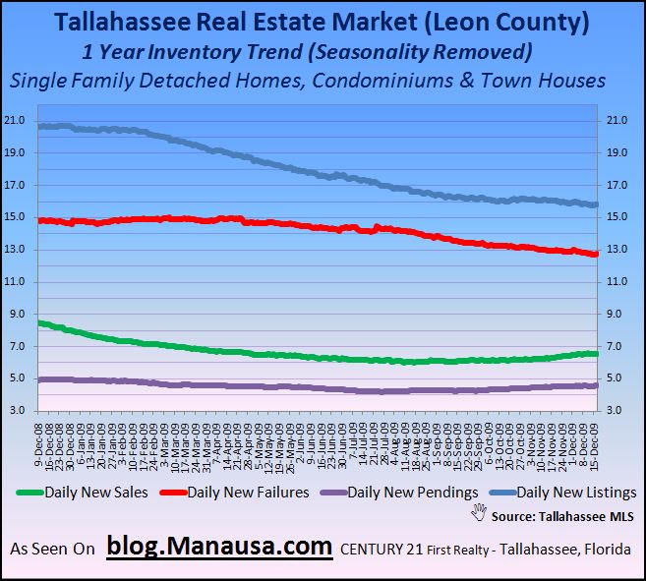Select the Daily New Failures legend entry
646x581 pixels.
tap(246, 493)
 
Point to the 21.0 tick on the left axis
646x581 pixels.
tap(16, 120)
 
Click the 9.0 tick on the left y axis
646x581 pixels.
tap(19, 315)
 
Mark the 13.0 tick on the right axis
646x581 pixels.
tap(615, 250)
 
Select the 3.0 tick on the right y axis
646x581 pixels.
tap(612, 411)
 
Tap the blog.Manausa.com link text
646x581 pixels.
tap(218, 547)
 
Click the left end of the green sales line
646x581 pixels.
tap(39, 323)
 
